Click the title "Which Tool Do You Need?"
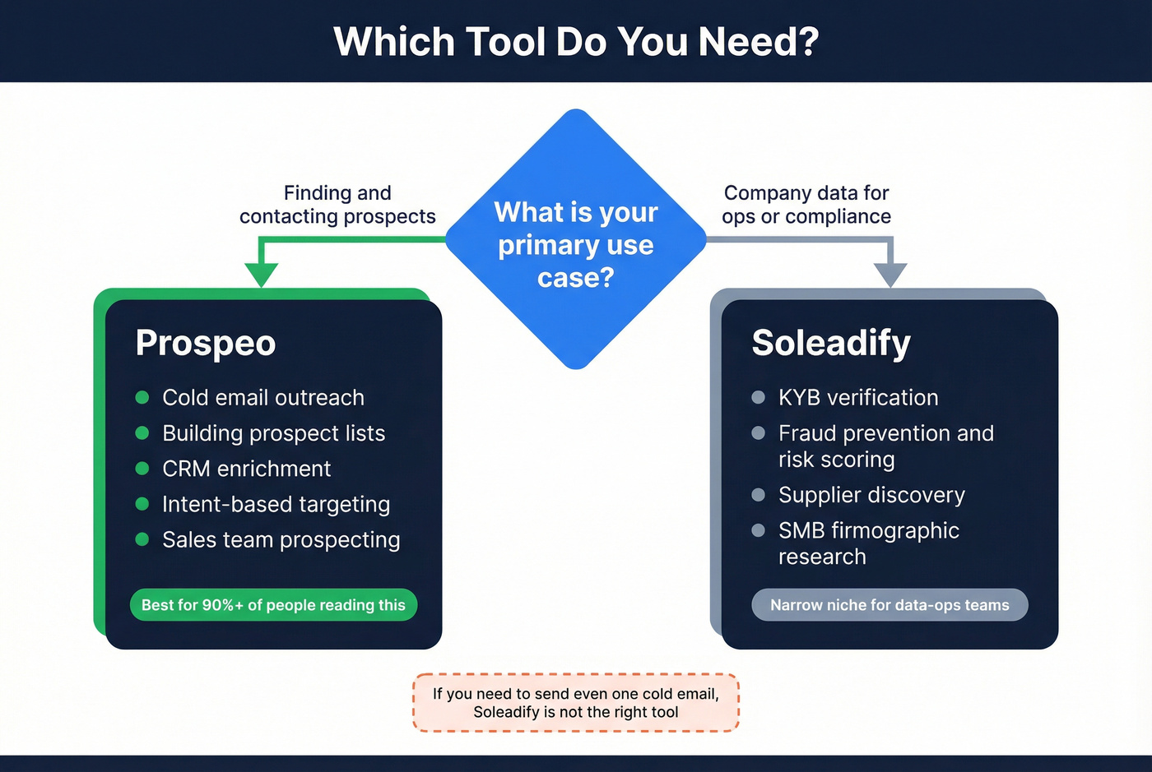(576, 41)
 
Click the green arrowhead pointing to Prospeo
(262, 274)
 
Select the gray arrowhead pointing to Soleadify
(890, 274)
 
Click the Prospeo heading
(206, 343)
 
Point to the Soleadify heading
(831, 343)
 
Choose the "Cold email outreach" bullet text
(263, 398)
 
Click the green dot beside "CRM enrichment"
(142, 469)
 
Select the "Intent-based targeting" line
(276, 504)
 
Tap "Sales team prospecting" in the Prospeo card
(281, 540)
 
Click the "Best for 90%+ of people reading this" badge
(273, 605)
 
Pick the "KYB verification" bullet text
(858, 398)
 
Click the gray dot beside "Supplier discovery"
(759, 495)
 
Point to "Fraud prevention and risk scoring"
(885, 446)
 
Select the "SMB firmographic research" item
(868, 543)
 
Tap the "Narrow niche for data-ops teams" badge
(890, 605)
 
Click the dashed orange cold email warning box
(576, 703)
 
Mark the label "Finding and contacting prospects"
(337, 205)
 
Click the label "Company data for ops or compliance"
(806, 205)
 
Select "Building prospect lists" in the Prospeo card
(273, 433)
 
